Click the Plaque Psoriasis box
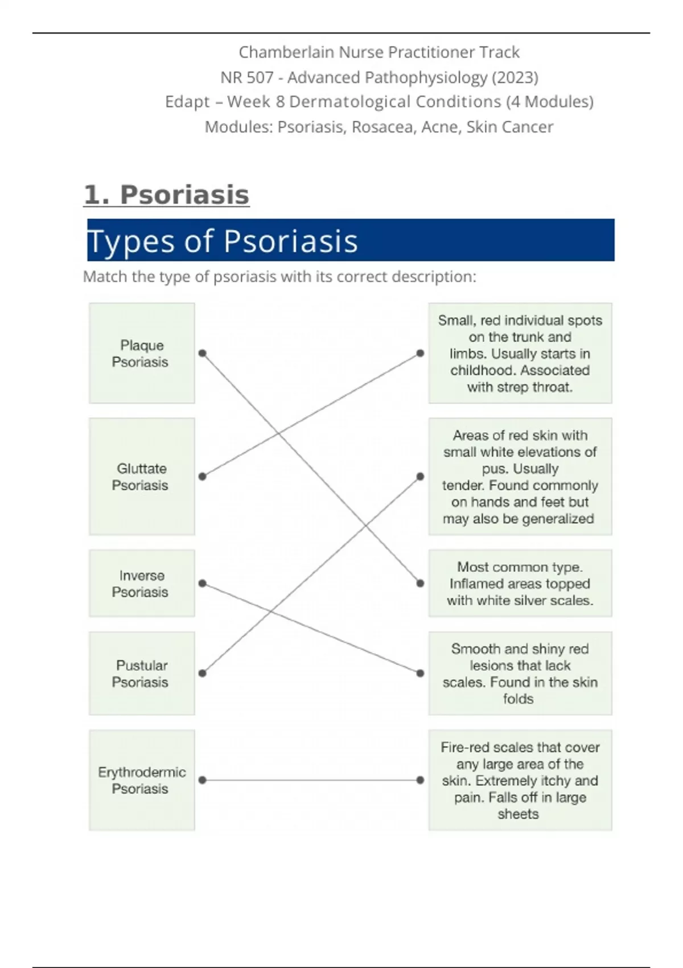pos(142,353)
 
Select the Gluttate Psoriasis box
pos(142,477)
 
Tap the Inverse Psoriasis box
pos(142,583)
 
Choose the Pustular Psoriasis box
pos(142,673)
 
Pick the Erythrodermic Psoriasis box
pos(142,780)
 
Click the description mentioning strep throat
pos(520,353)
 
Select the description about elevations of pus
pos(520,477)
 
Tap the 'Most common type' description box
pos(520,583)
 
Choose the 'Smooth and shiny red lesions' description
pos(520,673)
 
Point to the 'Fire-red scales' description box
pos(520,780)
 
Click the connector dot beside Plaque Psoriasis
pos(202,353)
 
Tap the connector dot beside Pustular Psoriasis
pos(202,673)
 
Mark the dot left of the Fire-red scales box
pos(420,780)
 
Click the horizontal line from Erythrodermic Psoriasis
pos(311,780)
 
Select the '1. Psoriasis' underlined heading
pos(166,195)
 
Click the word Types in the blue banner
pos(131,241)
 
